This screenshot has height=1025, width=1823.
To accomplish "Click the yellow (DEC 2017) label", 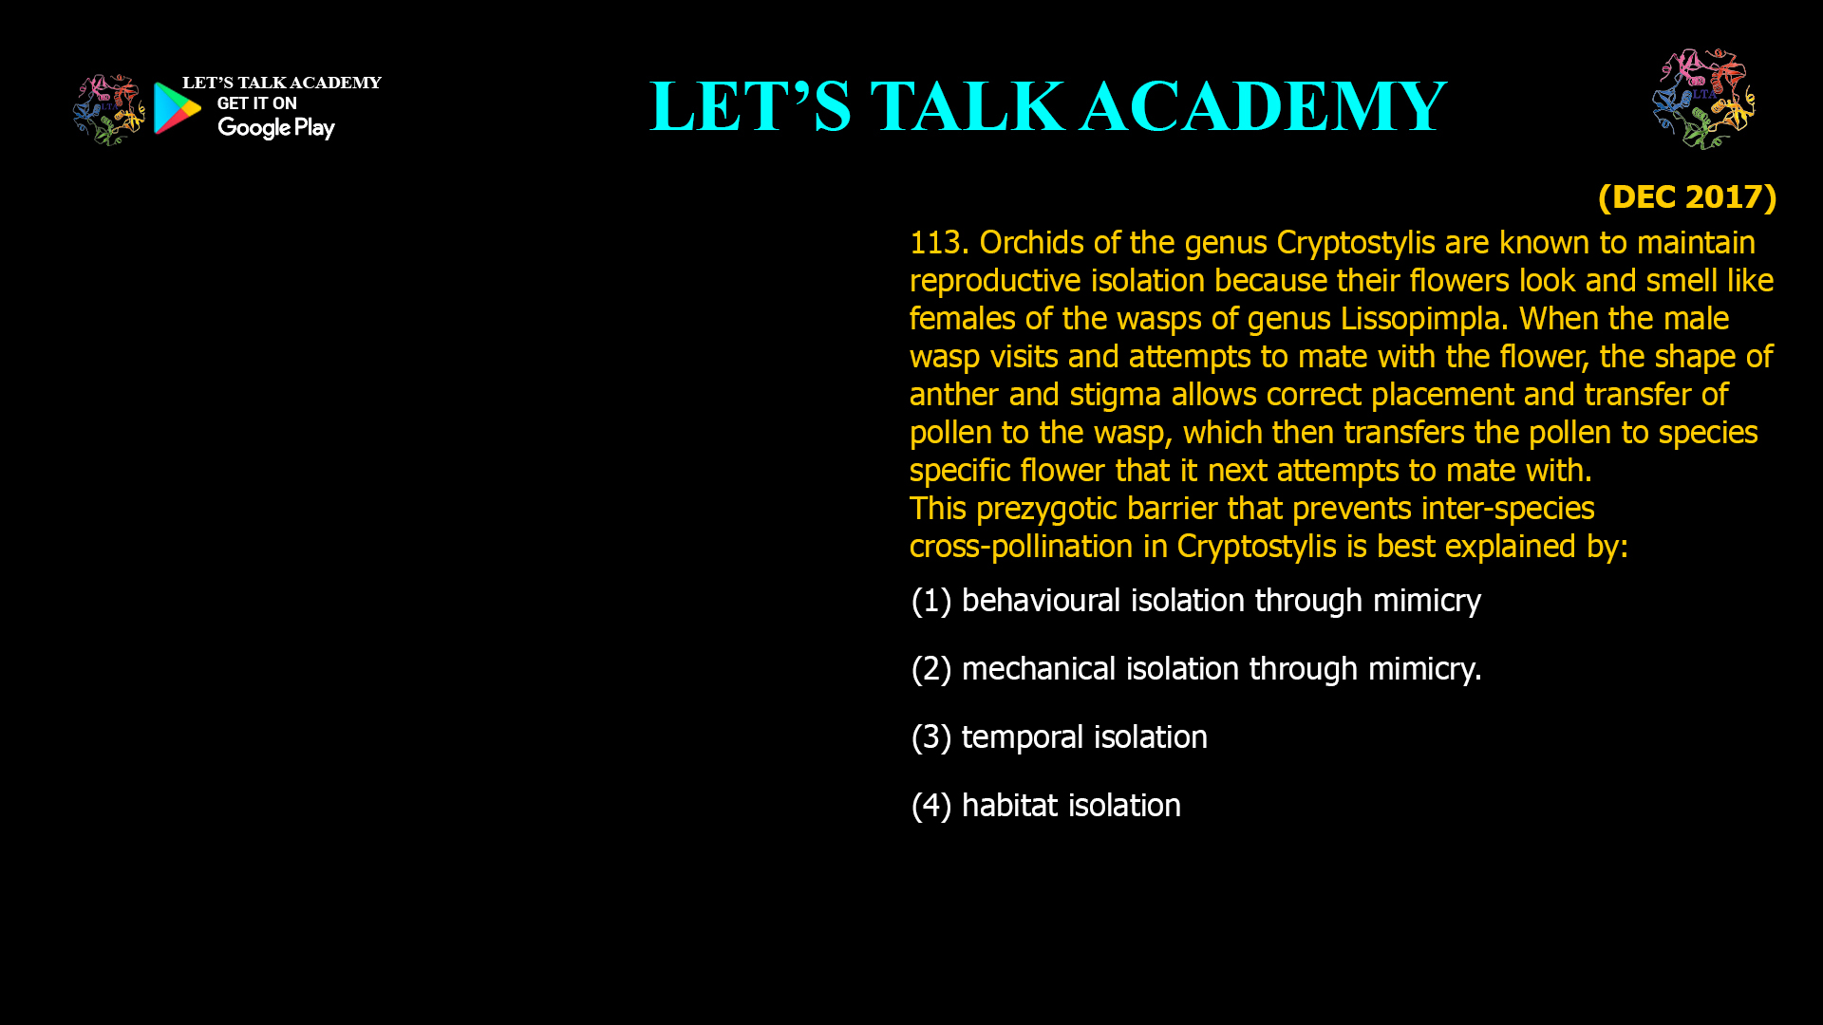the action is tap(1687, 197).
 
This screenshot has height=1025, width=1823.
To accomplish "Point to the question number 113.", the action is tap(939, 243).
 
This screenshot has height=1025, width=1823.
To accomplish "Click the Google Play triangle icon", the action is tap(177, 108).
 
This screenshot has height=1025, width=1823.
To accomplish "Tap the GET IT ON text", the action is tap(257, 103).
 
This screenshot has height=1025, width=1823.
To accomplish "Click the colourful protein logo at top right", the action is tap(1703, 99).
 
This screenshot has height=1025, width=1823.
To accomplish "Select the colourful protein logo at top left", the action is tap(108, 110).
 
